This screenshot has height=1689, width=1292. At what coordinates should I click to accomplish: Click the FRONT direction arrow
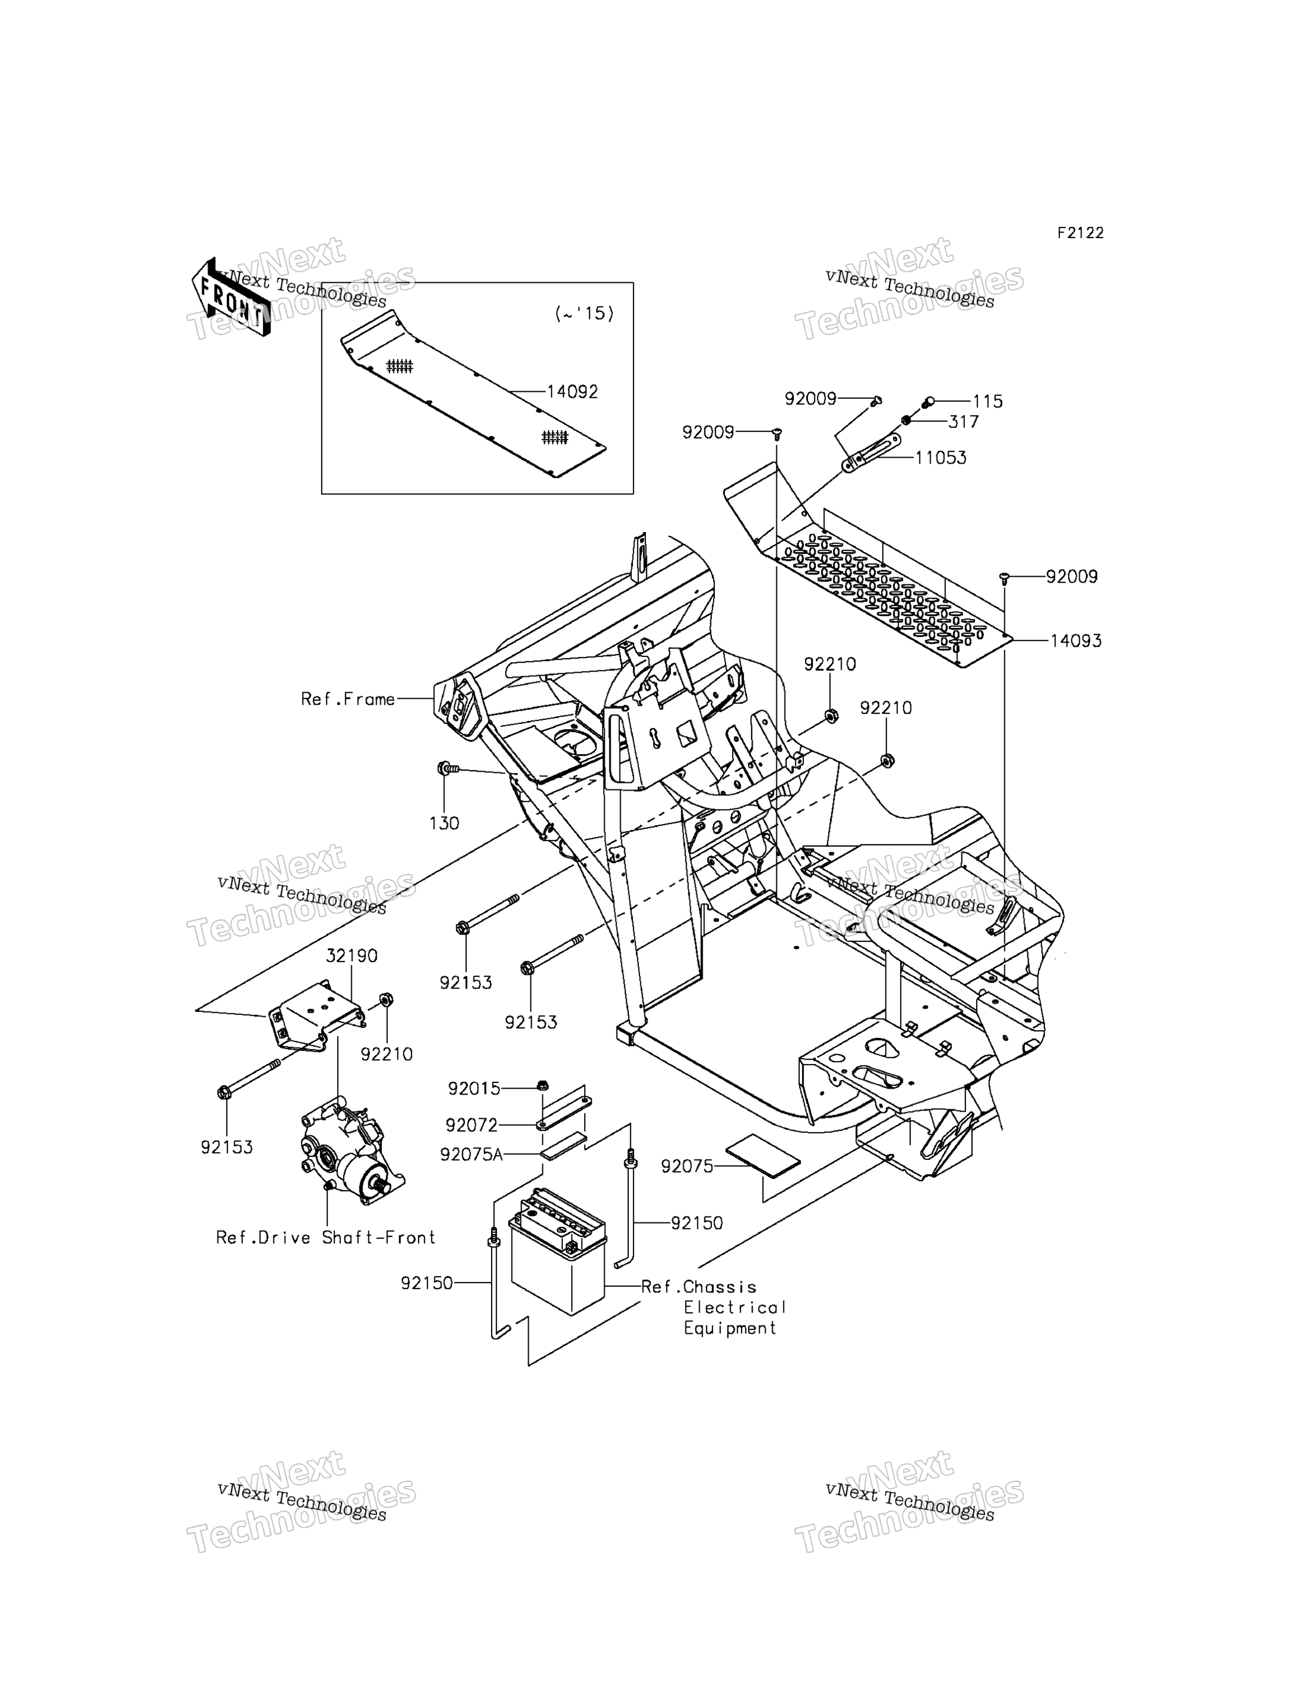(230, 298)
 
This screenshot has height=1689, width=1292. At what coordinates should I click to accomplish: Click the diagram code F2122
(1080, 233)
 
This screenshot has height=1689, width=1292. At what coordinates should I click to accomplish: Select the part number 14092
(572, 391)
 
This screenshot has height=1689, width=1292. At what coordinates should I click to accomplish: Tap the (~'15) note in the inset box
(585, 313)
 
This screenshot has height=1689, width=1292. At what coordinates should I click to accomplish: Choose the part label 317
(964, 421)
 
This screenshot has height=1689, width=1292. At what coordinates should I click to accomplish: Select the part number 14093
(1076, 640)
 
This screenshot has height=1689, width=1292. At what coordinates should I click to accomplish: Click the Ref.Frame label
(348, 699)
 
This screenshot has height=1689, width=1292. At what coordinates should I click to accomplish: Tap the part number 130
(444, 824)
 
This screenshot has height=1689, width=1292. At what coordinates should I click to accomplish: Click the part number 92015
(474, 1089)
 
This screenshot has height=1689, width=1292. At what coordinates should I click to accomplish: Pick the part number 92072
(472, 1125)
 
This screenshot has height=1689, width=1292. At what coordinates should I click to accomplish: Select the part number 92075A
(472, 1155)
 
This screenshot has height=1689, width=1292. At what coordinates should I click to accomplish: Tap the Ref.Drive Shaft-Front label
(326, 1238)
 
